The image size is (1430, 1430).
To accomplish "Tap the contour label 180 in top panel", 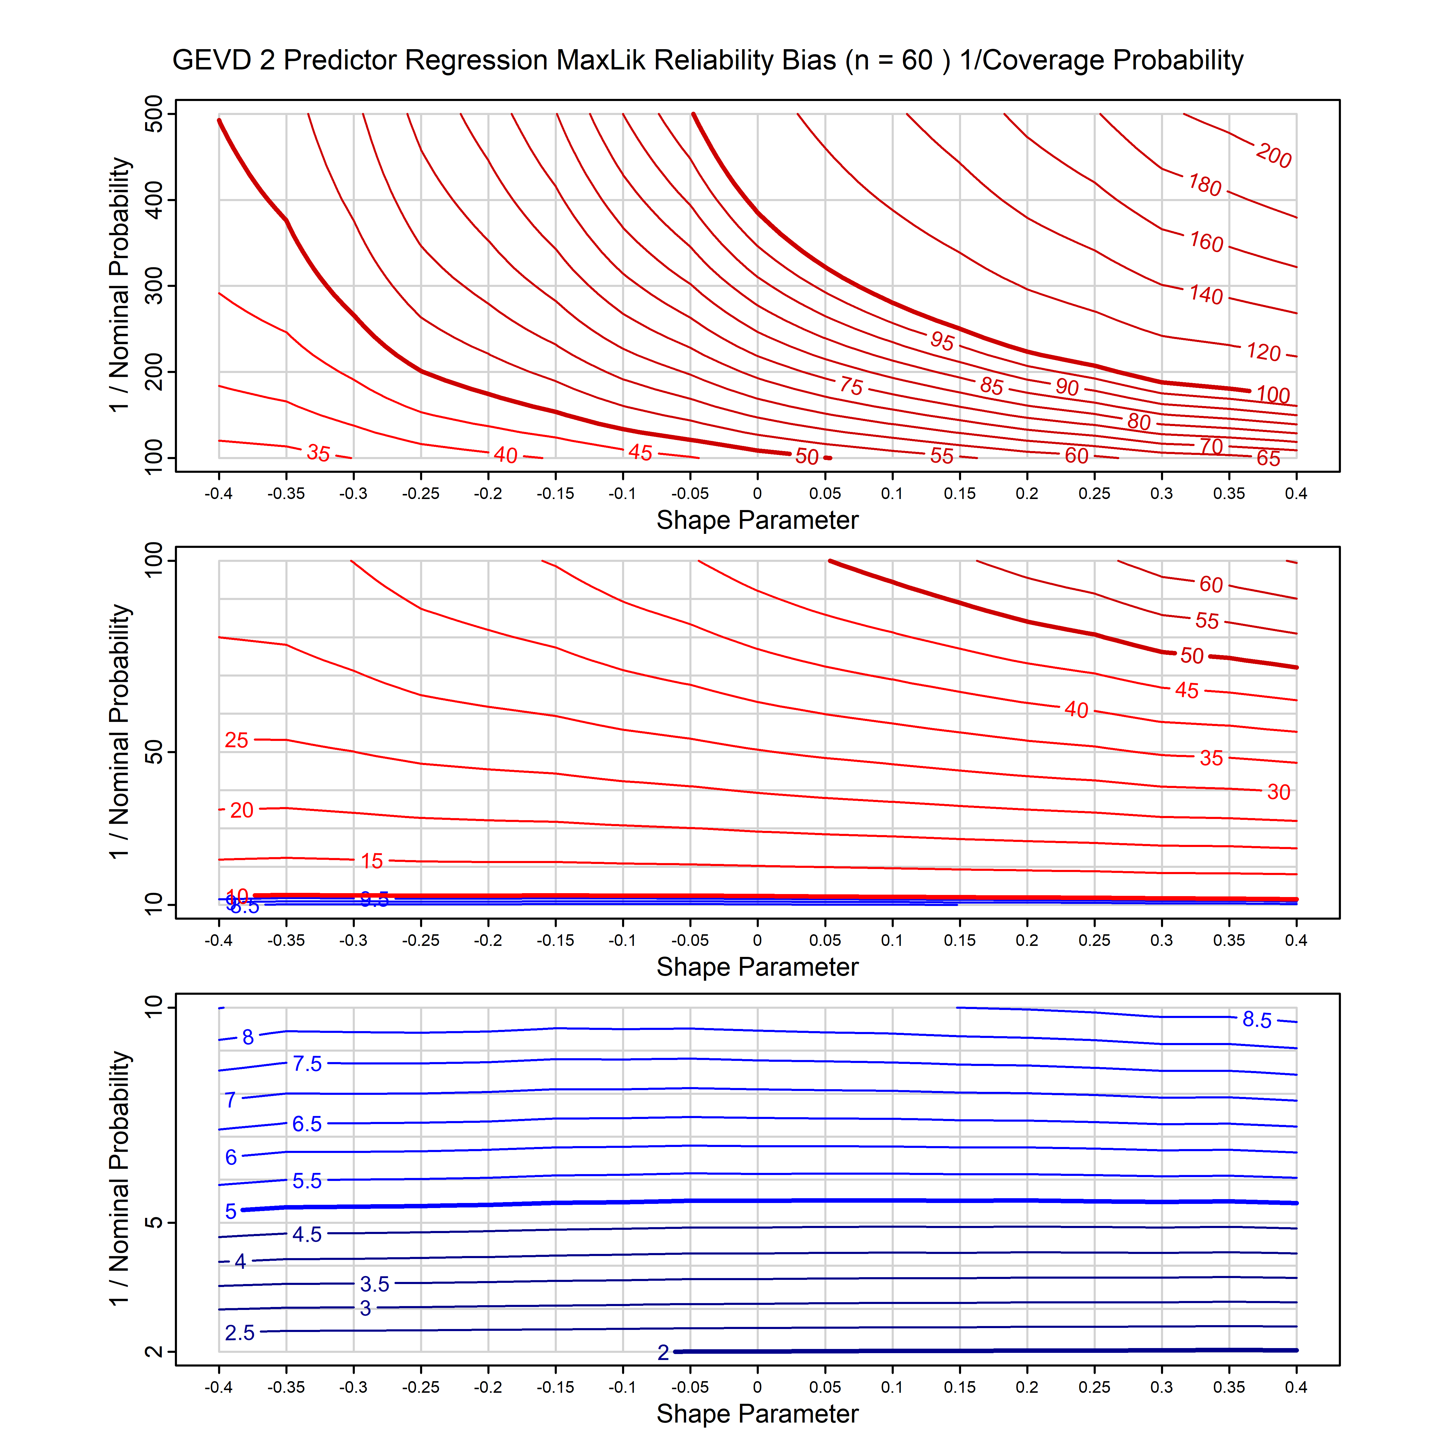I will pyautogui.click(x=1205, y=184).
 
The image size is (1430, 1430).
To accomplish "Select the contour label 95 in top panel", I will pyautogui.click(x=942, y=341).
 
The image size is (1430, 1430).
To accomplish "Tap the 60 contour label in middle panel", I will pyautogui.click(x=1211, y=585).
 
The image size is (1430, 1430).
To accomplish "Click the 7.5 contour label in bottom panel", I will pyautogui.click(x=307, y=1064).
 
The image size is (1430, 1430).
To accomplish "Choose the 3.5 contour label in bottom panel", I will pyautogui.click(x=374, y=1284).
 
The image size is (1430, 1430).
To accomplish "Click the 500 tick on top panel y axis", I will pyautogui.click(x=154, y=114).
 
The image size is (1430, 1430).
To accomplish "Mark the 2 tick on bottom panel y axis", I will pyautogui.click(x=154, y=1352).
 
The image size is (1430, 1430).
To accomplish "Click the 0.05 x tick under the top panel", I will pyautogui.click(x=825, y=494).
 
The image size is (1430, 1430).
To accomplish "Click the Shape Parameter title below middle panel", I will pyautogui.click(x=757, y=967).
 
